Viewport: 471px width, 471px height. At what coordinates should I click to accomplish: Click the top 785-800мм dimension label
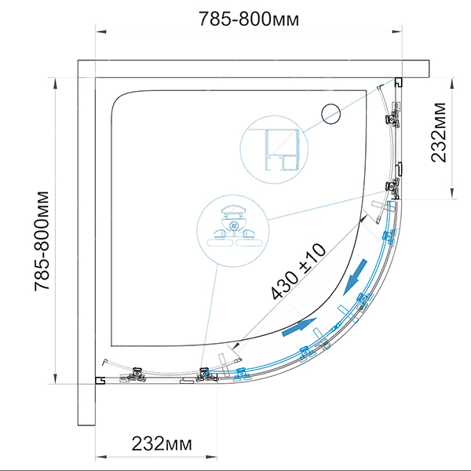point(249,19)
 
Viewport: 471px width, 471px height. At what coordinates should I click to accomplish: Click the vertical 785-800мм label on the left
point(42,241)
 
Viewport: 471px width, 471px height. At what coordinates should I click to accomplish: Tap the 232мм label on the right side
point(438,132)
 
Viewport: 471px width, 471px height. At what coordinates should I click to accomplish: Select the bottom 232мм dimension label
point(162,444)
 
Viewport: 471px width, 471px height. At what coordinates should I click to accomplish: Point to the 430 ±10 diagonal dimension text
point(298,272)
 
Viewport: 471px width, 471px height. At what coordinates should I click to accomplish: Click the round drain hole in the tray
point(331,114)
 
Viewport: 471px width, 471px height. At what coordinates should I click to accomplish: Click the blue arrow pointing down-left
point(355,277)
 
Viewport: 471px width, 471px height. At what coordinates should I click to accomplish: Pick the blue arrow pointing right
point(299,328)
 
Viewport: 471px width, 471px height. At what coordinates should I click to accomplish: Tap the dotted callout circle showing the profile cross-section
point(274,150)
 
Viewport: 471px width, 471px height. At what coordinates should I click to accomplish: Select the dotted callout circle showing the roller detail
point(233,231)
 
